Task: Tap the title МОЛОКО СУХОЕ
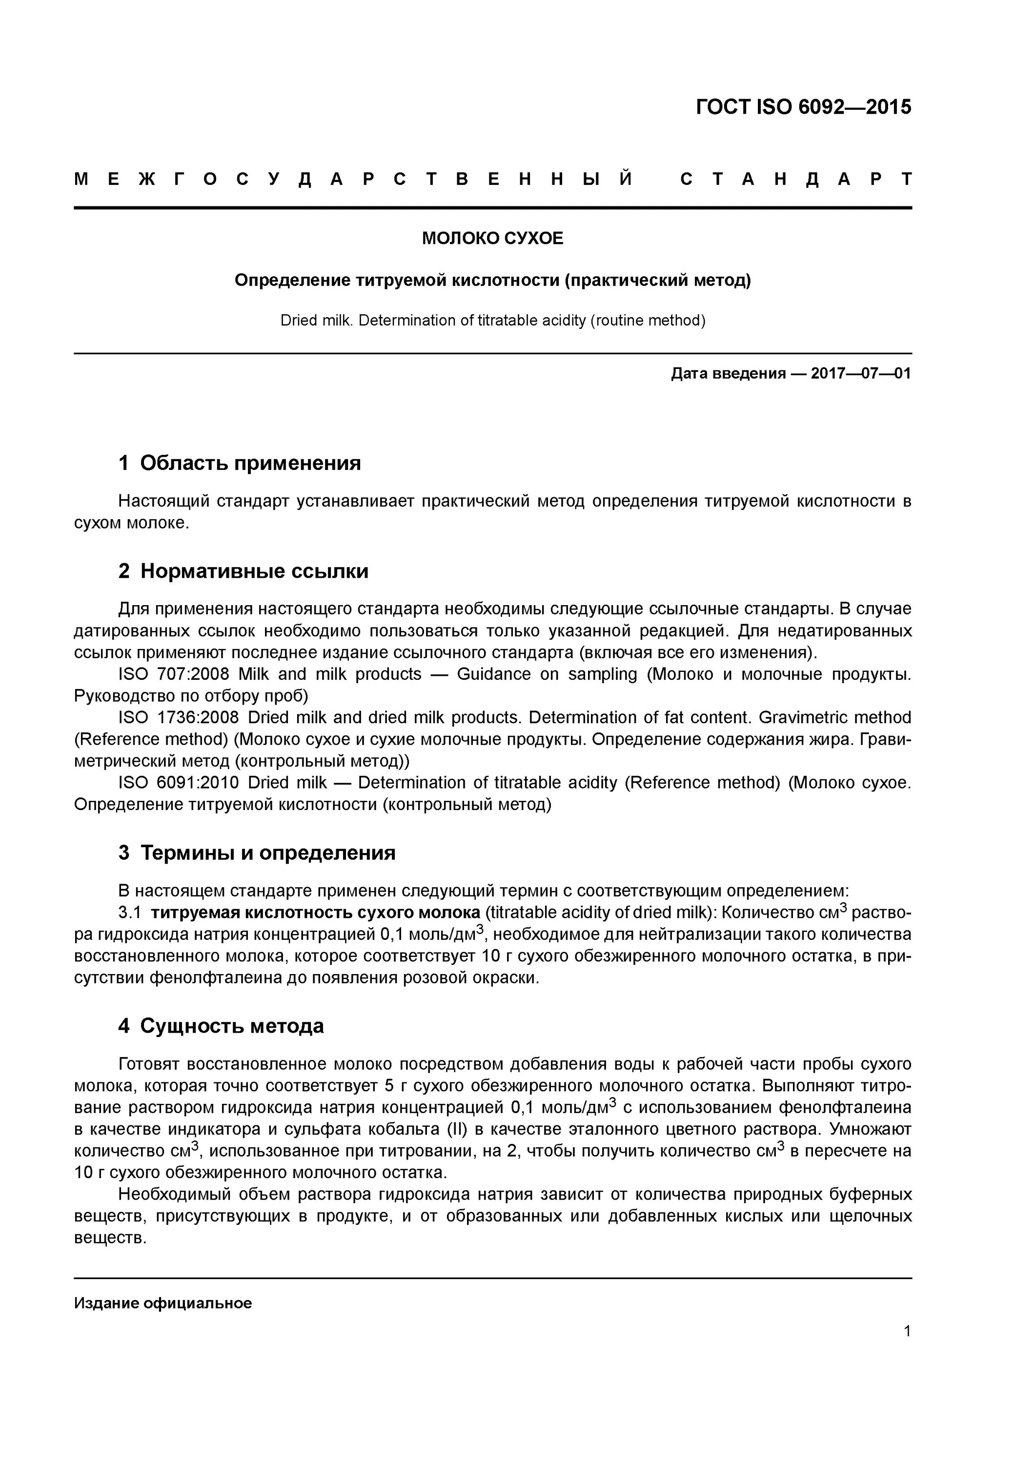(x=492, y=239)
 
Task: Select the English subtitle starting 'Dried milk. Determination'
(x=492, y=321)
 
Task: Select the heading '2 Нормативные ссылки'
(x=243, y=570)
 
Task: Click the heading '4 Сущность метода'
(x=221, y=1026)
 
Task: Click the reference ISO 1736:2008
(x=179, y=718)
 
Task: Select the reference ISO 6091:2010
(x=179, y=783)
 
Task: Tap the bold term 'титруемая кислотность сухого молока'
(x=315, y=913)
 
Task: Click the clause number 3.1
(x=129, y=913)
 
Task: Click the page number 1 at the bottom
(x=907, y=1331)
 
